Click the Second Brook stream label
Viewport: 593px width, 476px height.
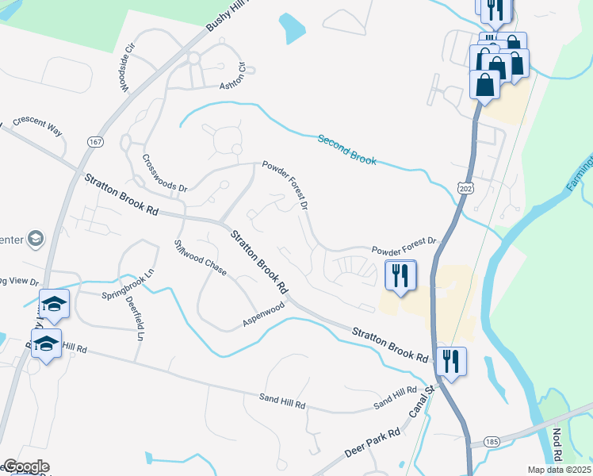(x=346, y=149)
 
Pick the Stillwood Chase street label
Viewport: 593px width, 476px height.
(x=201, y=258)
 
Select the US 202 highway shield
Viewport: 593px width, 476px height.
(x=465, y=185)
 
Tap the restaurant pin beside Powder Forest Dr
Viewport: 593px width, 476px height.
(x=400, y=274)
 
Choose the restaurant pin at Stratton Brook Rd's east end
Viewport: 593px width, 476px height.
(x=450, y=361)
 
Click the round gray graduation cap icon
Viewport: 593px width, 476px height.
(x=35, y=238)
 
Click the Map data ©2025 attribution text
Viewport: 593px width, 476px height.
(x=560, y=470)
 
